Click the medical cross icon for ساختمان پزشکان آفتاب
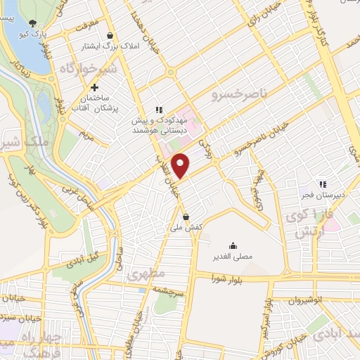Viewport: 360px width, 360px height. pyautogui.click(x=104, y=86)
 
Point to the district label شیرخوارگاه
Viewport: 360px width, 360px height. pyautogui.click(x=69, y=70)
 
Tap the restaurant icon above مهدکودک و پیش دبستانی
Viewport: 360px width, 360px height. pyautogui.click(x=159, y=110)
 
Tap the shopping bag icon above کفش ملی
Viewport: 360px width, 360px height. pyautogui.click(x=186, y=217)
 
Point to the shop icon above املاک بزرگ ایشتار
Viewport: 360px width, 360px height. pyautogui.click(x=110, y=35)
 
